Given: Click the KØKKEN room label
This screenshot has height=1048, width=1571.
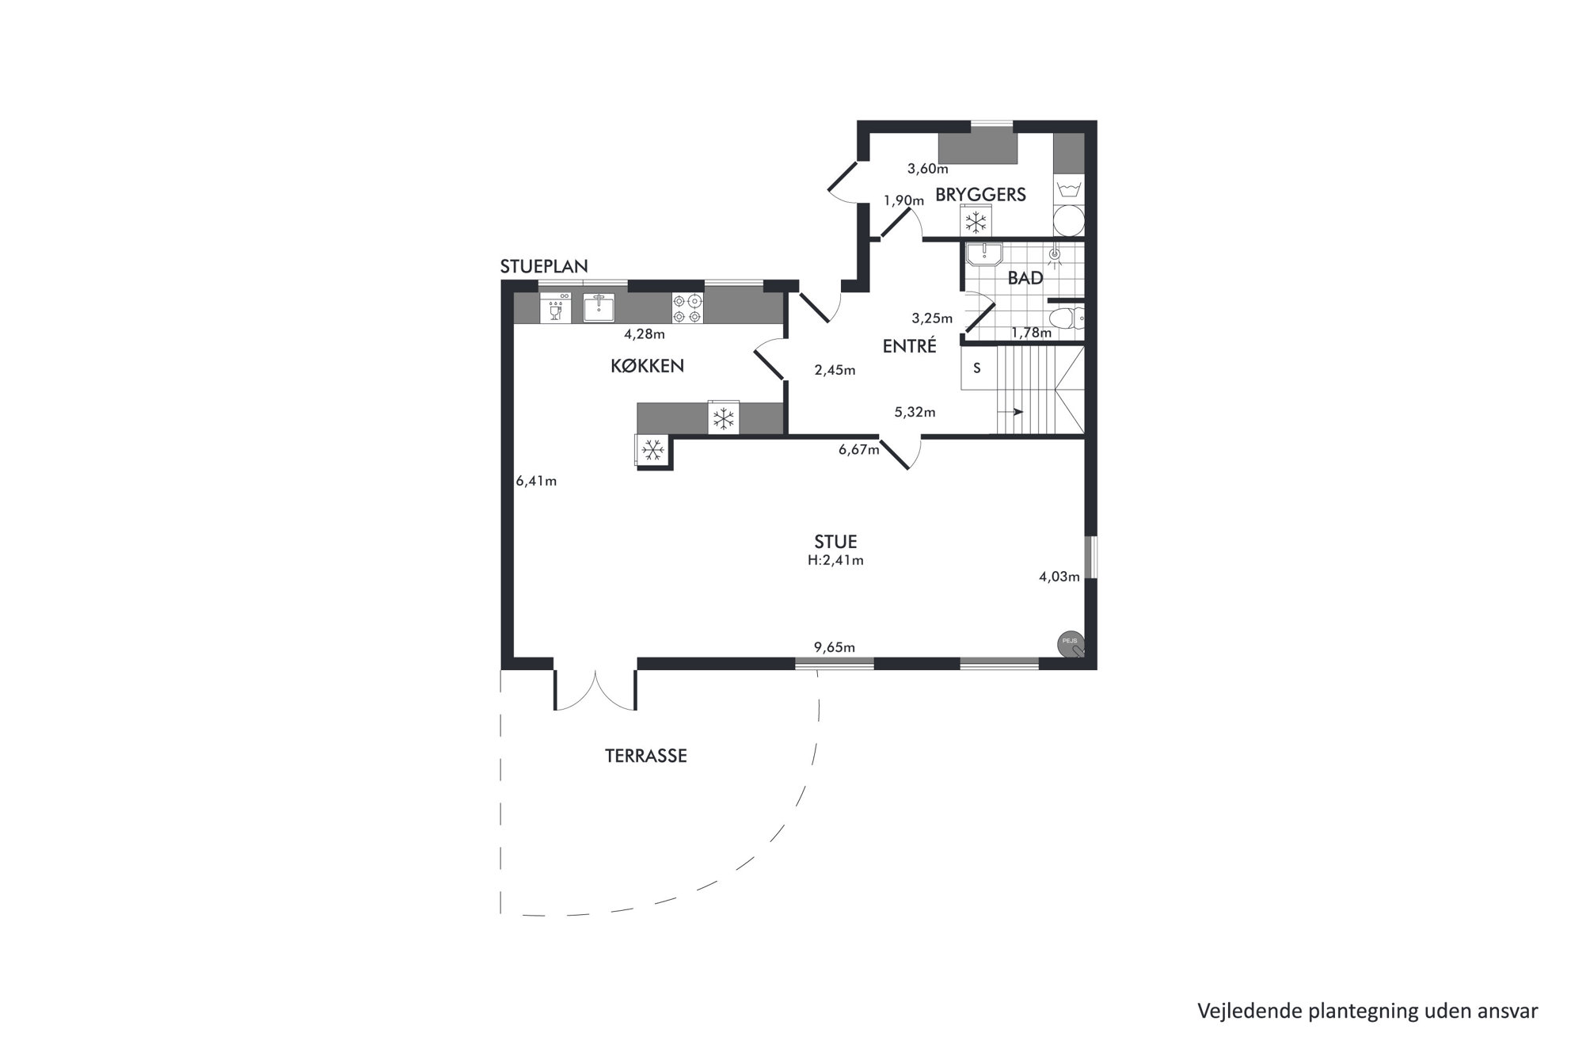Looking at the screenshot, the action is (x=647, y=366).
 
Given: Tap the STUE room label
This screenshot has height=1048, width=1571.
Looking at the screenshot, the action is (x=835, y=542).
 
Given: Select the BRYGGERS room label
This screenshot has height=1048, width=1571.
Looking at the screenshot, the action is (x=980, y=195).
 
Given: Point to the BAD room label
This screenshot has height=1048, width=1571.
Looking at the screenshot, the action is (x=1025, y=279).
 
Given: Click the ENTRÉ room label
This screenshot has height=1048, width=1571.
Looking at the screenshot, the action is (x=910, y=346).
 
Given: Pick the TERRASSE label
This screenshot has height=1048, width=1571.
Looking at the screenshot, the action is (x=646, y=756).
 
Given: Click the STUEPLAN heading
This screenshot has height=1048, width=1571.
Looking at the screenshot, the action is (x=544, y=267).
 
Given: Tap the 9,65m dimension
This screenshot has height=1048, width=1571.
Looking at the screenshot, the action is (x=835, y=648).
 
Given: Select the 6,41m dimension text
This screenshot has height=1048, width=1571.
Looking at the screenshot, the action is (x=536, y=482).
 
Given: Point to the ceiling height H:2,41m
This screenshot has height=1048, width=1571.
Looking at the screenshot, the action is (x=835, y=561).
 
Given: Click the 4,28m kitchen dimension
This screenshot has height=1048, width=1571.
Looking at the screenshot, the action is (x=644, y=334).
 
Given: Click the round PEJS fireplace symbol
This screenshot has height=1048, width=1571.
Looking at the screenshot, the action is (x=1070, y=644).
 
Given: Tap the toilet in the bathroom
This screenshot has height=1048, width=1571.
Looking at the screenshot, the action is (x=1065, y=319).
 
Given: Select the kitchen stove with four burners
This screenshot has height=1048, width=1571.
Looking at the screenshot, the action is (x=687, y=308).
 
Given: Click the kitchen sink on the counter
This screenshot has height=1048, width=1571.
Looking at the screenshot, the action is (x=599, y=307).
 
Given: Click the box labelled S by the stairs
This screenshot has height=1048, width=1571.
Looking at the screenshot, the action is (x=976, y=368).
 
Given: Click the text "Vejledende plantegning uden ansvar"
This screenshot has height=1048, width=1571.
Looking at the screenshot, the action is (x=1367, y=1011).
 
